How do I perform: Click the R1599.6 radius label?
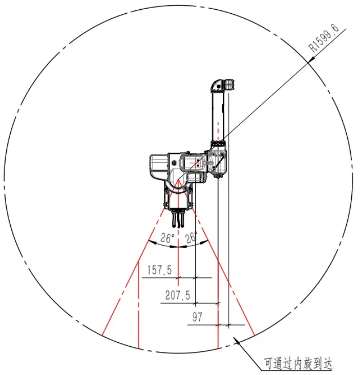coord(324,38)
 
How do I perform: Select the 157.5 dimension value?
coord(160,270)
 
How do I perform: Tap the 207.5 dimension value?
coord(178,295)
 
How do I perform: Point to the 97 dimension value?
coord(197,317)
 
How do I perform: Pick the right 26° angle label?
coord(191,237)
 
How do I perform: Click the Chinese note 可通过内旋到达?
coord(298,364)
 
